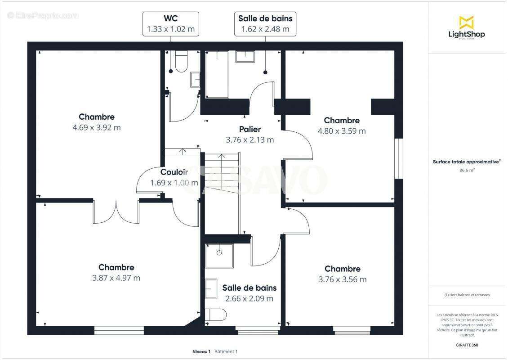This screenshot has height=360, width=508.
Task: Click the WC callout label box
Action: click(171, 24)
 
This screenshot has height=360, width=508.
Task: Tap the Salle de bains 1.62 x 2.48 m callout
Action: click(265, 24)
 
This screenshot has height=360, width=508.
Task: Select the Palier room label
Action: click(250, 130)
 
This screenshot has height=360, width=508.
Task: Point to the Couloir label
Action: click(174, 172)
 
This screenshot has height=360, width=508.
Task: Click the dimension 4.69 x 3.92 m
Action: click(97, 128)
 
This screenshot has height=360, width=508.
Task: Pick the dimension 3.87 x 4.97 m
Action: click(116, 278)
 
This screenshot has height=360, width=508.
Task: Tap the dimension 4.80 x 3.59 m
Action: click(342, 131)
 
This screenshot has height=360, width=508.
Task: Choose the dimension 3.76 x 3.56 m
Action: click(343, 279)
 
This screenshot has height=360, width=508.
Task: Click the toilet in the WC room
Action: click(181, 62)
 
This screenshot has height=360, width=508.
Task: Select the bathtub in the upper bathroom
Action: click(217, 74)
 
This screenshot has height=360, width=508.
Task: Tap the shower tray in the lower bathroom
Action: click(219, 256)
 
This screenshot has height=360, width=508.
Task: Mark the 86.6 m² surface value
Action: click(467, 171)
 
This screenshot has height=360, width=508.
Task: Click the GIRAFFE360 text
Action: click(467, 344)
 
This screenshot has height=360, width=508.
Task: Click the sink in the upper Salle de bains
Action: click(245, 56)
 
